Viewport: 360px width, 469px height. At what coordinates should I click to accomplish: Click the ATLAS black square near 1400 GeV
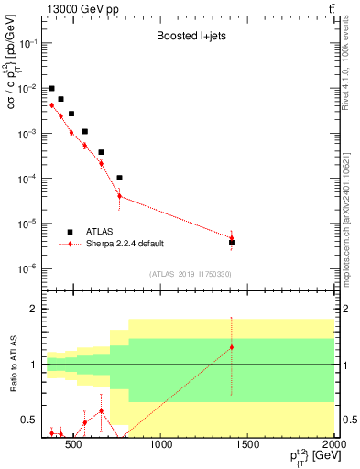point(232,243)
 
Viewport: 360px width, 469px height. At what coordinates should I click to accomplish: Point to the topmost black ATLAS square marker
point(52,89)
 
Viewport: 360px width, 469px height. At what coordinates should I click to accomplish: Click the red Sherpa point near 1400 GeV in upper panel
point(232,239)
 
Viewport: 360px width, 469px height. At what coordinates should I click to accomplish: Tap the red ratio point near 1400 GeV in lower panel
point(232,347)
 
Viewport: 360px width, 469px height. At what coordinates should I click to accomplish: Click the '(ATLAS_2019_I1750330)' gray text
point(190,274)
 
